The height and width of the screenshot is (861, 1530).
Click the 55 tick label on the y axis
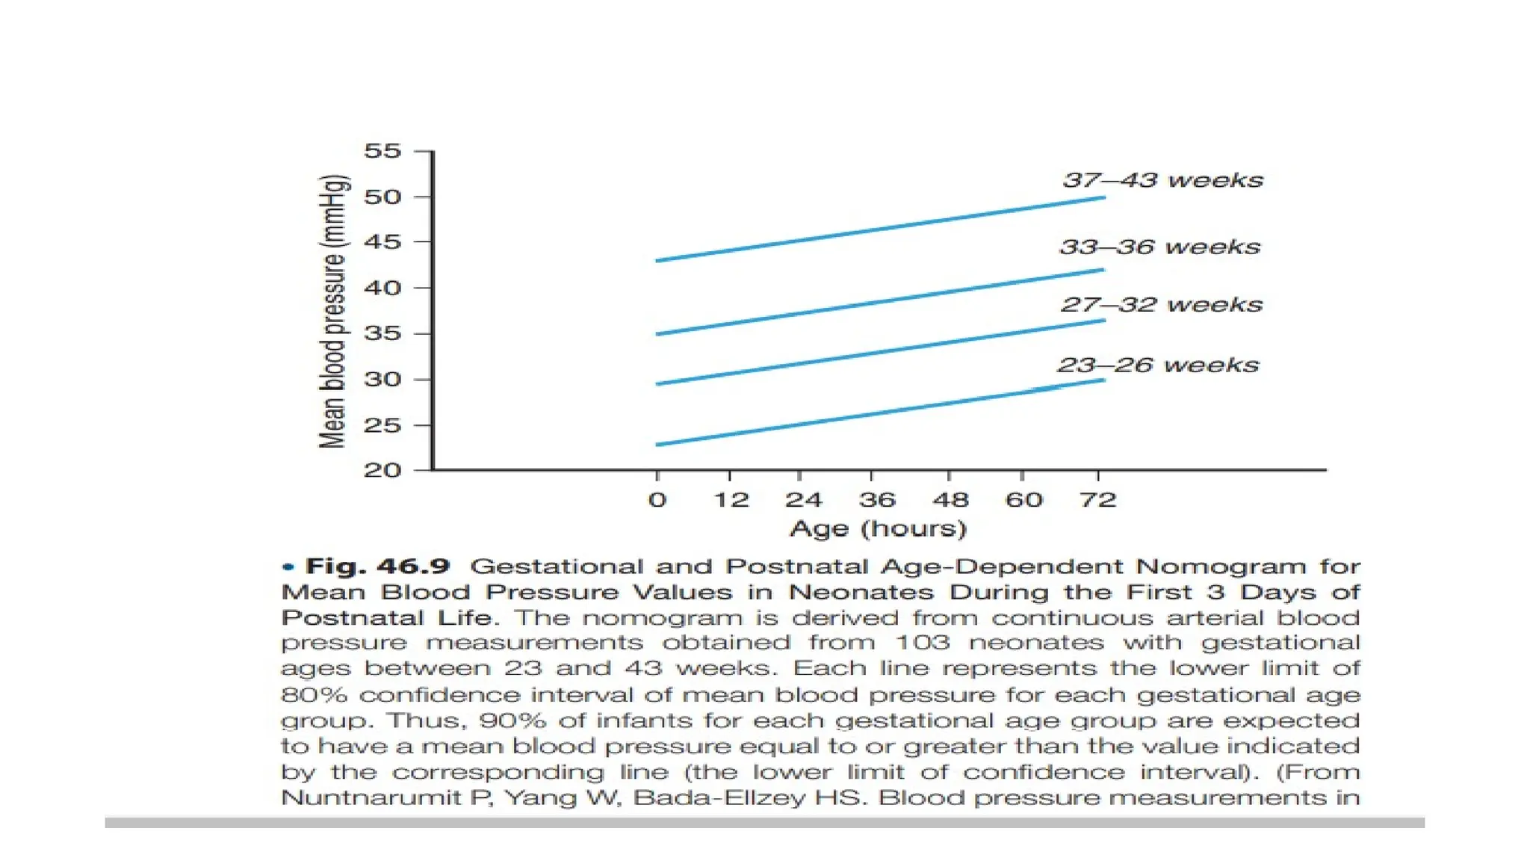coord(382,152)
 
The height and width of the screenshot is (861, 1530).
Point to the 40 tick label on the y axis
coord(382,288)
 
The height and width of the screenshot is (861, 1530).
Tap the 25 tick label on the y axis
coord(382,425)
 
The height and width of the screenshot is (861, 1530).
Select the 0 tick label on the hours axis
coord(657,499)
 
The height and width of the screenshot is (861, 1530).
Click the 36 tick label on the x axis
coord(877,499)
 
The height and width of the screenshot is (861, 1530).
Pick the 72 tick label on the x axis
coord(1097,499)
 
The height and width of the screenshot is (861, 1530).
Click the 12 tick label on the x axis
coord(731,499)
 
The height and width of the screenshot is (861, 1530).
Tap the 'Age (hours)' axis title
coord(879,529)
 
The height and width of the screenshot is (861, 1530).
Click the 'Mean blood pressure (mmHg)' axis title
coord(333,311)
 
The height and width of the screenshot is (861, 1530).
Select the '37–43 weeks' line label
coord(1162,180)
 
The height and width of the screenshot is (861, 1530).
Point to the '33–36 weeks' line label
coord(1160,247)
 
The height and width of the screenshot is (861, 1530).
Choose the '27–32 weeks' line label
coord(1162,305)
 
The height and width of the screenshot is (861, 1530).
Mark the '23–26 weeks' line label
coord(1159,365)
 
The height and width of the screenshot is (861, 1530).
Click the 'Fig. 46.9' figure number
coord(378,567)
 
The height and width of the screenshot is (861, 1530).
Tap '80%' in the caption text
coord(315,695)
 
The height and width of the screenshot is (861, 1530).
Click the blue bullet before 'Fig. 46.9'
coord(288,567)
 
